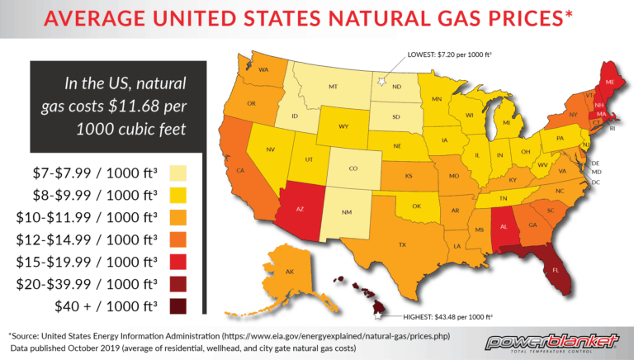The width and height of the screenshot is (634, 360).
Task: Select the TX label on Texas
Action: (402, 244)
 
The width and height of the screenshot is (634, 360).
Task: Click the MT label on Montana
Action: (333, 86)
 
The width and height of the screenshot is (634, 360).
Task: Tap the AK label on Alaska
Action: (290, 272)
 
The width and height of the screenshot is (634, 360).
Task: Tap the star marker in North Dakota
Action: (382, 82)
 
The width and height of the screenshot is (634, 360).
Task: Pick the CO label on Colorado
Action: (352, 168)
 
